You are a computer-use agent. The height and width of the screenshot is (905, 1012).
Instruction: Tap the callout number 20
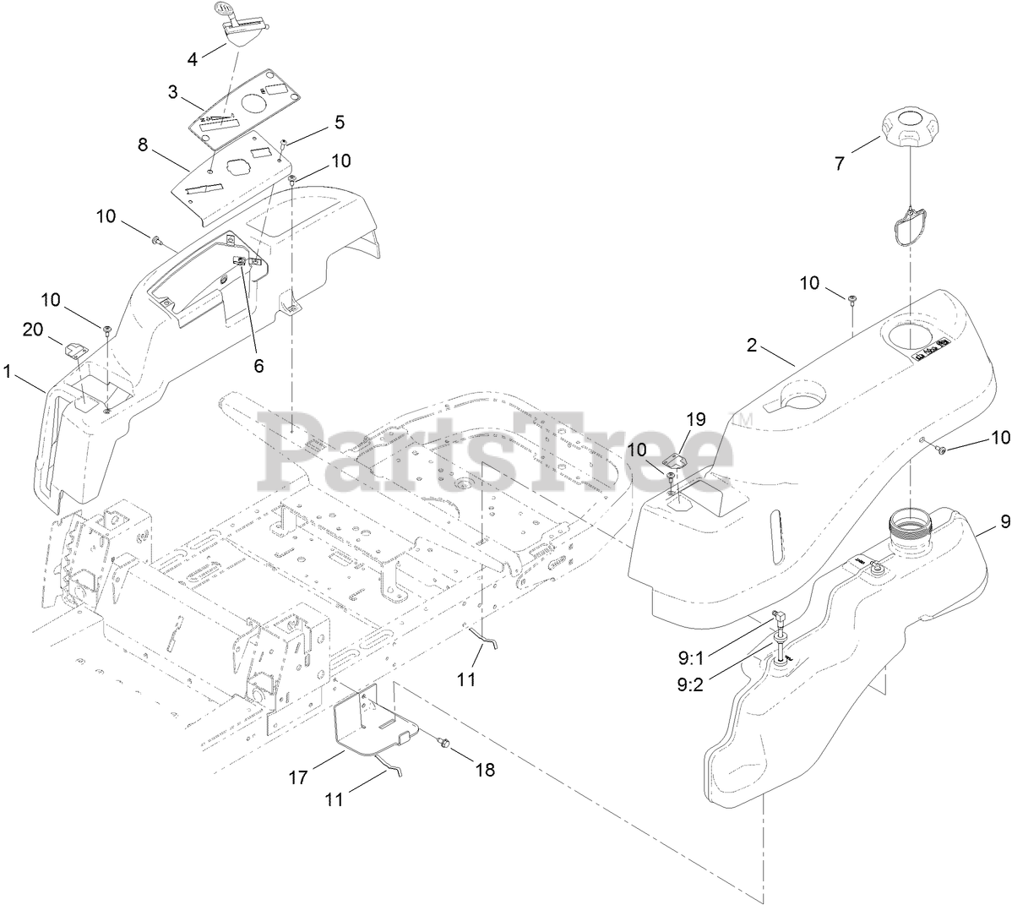pyautogui.click(x=33, y=330)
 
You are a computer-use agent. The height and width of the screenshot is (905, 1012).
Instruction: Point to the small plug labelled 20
pyautogui.click(x=75, y=347)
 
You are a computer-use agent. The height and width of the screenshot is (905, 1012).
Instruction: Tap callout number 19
pyautogui.click(x=695, y=420)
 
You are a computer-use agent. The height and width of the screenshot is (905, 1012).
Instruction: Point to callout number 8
pyautogui.click(x=143, y=144)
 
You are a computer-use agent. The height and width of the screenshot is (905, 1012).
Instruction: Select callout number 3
pyautogui.click(x=173, y=90)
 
